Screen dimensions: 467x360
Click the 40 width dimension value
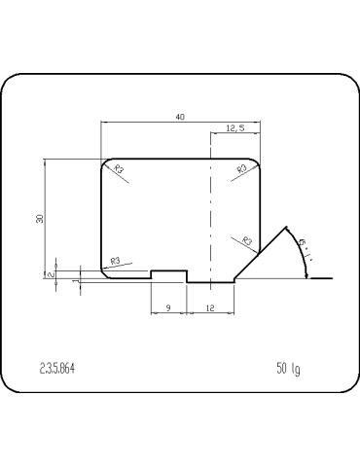tap(180, 117)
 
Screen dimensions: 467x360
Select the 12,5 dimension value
tap(235, 128)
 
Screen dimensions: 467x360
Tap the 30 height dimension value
tap(40, 219)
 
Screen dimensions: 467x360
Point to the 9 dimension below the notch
tap(168, 307)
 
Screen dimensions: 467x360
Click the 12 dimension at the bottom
tap(211, 307)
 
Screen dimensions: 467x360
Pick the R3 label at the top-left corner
tap(121, 170)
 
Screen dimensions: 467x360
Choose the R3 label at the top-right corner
tap(240, 170)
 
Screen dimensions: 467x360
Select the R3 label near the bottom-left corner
tap(115, 260)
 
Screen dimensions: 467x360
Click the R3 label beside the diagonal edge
tap(247, 240)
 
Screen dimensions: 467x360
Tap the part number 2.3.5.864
tap(56, 369)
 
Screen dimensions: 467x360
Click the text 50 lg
tap(288, 369)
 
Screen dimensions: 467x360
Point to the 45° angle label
tap(306, 250)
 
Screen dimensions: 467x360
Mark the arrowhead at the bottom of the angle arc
tap(307, 275)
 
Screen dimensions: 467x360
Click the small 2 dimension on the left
tap(48, 274)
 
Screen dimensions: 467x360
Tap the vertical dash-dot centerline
tap(211, 214)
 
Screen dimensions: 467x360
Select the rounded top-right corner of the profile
tap(256, 162)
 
